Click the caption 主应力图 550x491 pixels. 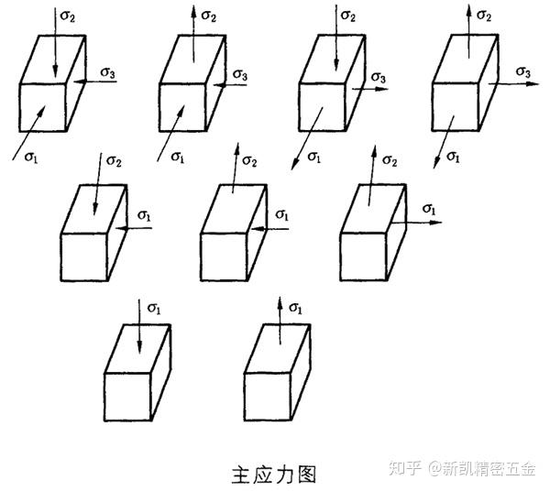[x=274, y=475]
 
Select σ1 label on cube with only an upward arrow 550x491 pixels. [x=295, y=308]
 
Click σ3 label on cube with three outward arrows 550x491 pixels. [x=523, y=71]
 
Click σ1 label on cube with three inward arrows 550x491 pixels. [x=32, y=158]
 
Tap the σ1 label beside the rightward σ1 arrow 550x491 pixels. [x=428, y=210]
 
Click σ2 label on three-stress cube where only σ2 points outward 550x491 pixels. [x=208, y=16]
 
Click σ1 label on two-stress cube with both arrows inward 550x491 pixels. [x=144, y=214]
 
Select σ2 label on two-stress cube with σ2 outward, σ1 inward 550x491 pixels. [x=249, y=161]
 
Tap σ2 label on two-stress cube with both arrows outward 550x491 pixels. [x=389, y=161]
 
